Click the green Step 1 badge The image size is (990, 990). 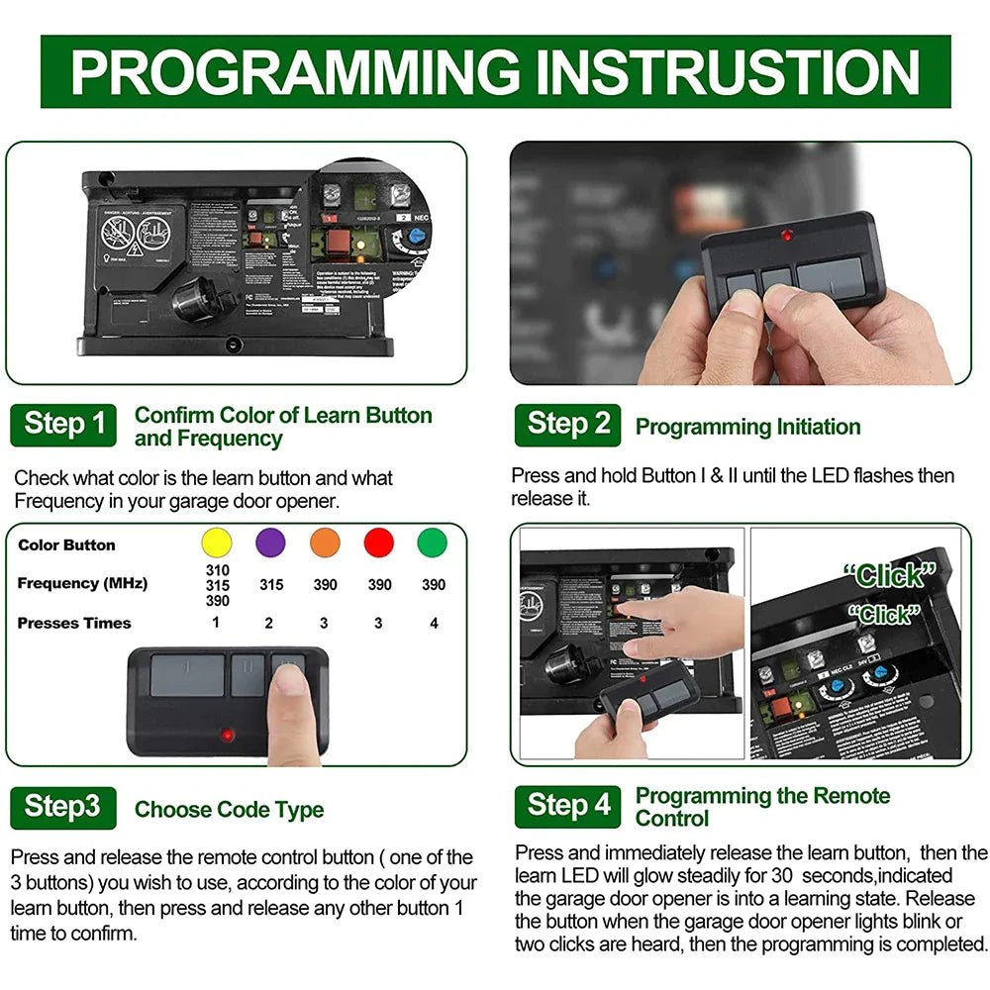point(63,424)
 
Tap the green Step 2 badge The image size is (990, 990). point(567,424)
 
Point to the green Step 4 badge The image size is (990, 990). point(568,806)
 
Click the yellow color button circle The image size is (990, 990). point(216,544)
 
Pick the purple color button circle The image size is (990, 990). point(270,544)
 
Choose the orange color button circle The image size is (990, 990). point(325,544)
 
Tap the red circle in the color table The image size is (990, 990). point(379,544)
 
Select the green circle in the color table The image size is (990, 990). point(433,544)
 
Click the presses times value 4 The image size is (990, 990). point(433,623)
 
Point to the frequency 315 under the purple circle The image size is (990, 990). point(271,584)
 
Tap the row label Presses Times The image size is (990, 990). point(74,623)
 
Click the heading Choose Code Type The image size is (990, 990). point(229,809)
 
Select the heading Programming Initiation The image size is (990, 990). point(747,427)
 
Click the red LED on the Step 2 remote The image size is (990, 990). point(787,236)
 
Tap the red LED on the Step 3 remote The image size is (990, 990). point(228,736)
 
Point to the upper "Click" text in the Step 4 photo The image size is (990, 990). point(890,574)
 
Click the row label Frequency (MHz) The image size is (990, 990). point(82,583)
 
